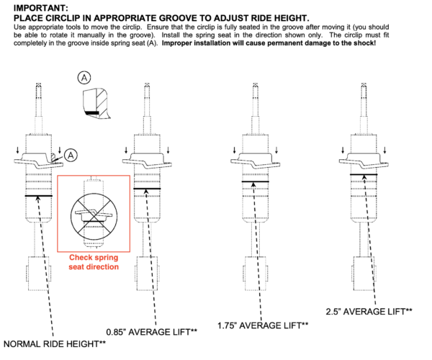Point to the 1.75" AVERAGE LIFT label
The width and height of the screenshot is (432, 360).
(263, 326)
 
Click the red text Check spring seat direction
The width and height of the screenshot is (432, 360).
(94, 262)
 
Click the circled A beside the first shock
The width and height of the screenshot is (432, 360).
(71, 154)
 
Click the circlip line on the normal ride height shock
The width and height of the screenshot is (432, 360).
(40, 196)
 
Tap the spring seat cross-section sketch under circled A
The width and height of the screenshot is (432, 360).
(96, 104)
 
